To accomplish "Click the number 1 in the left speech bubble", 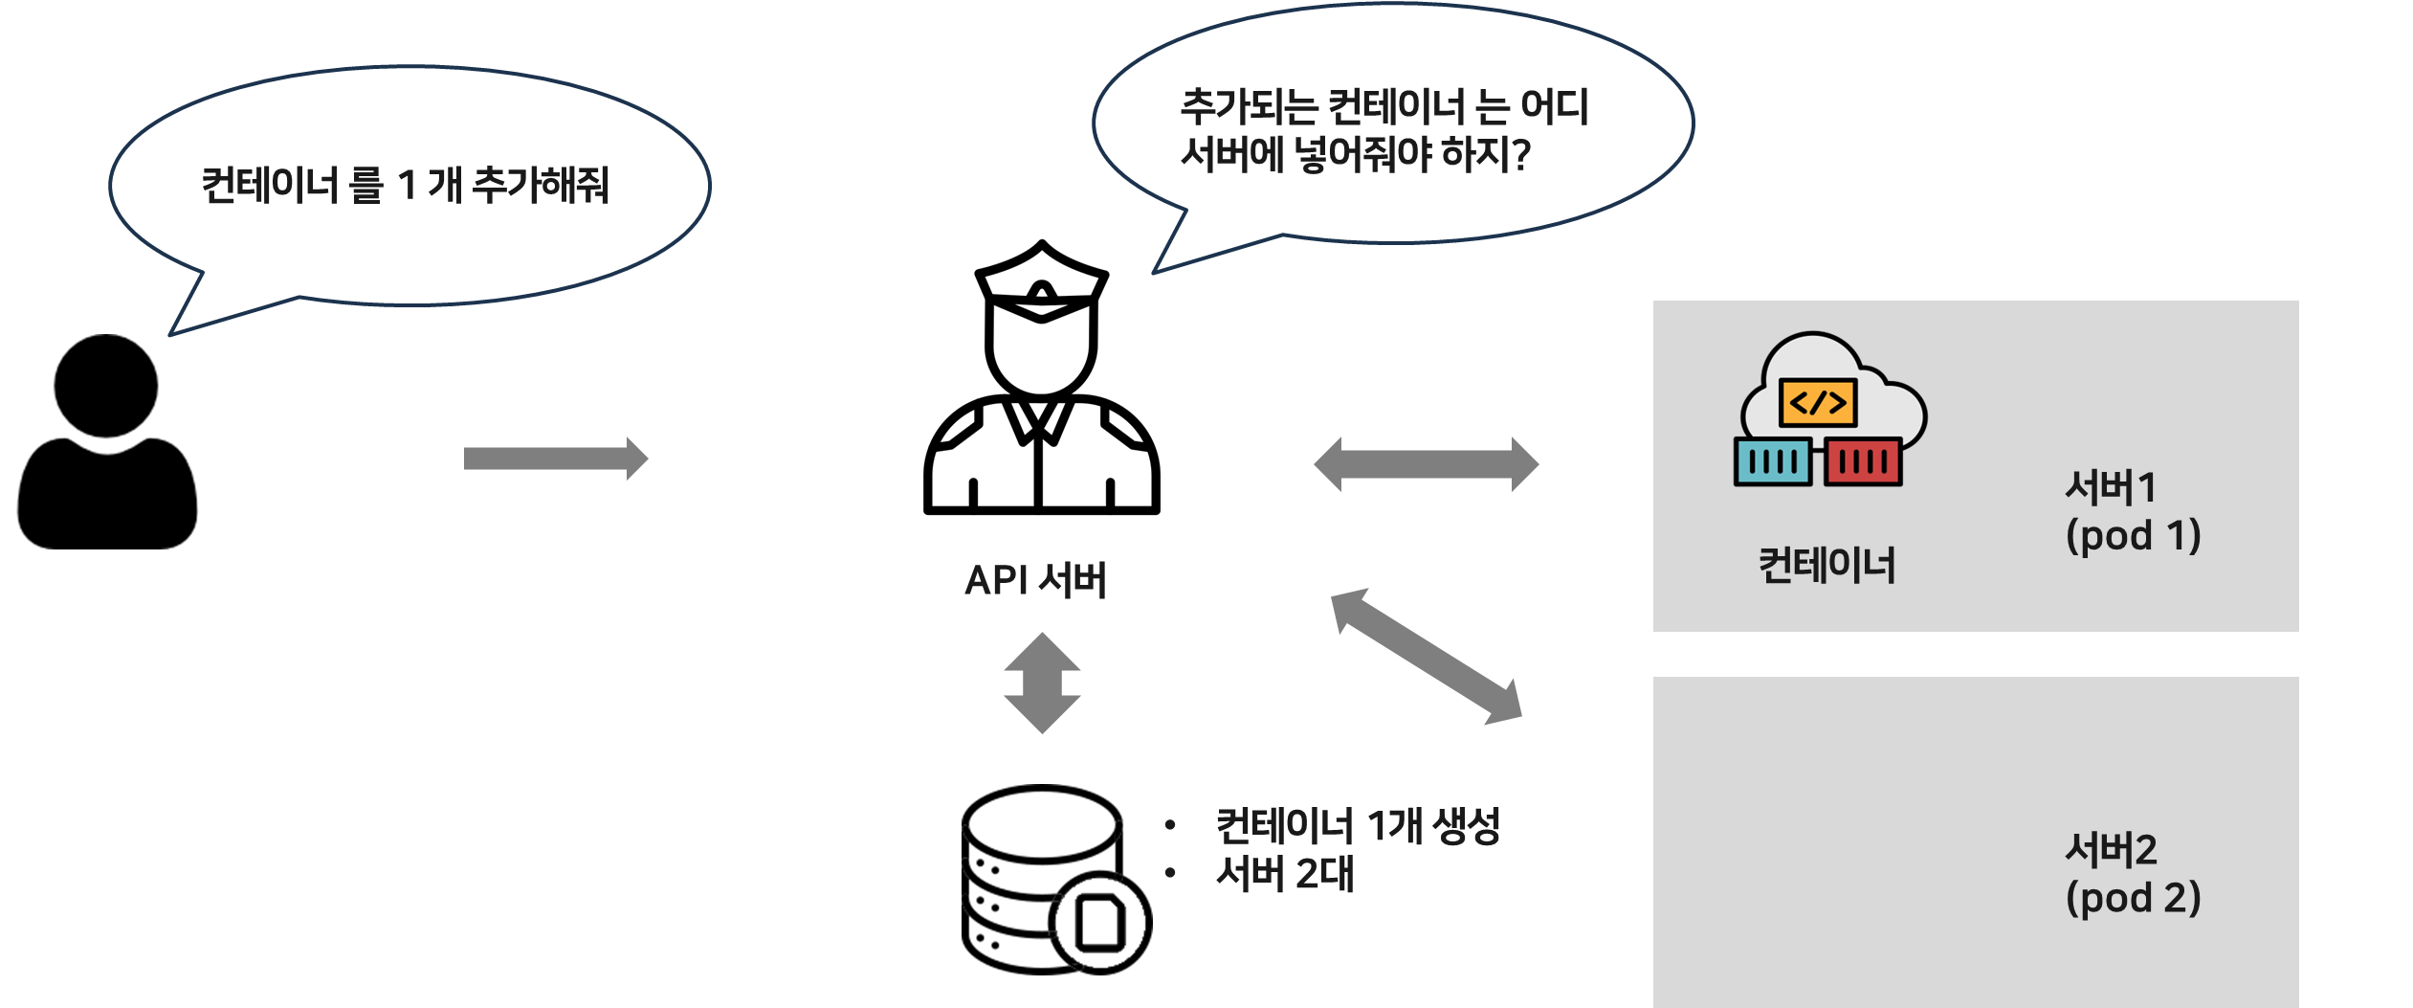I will [x=407, y=186].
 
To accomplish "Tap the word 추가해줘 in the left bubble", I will [x=542, y=185].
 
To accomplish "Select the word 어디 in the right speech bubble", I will [x=1554, y=107].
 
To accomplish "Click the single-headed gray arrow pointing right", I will [x=555, y=459].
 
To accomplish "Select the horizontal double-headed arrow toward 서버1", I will [x=1426, y=464].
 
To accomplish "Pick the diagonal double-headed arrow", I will [x=1426, y=657].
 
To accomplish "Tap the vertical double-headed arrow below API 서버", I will [x=1042, y=683].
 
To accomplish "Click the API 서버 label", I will [x=1035, y=580].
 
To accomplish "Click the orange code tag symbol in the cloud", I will [x=1818, y=403].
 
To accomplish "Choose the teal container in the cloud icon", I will [x=1772, y=461].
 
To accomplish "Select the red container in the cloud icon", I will [x=1863, y=461].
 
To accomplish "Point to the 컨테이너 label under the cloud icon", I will [x=1826, y=565].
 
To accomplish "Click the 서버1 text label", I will [x=2111, y=487].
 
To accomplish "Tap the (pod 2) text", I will [x=2133, y=898].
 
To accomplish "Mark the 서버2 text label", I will [x=2111, y=849].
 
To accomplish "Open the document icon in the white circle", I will [x=1100, y=923].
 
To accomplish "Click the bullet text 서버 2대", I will [x=1284, y=874].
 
